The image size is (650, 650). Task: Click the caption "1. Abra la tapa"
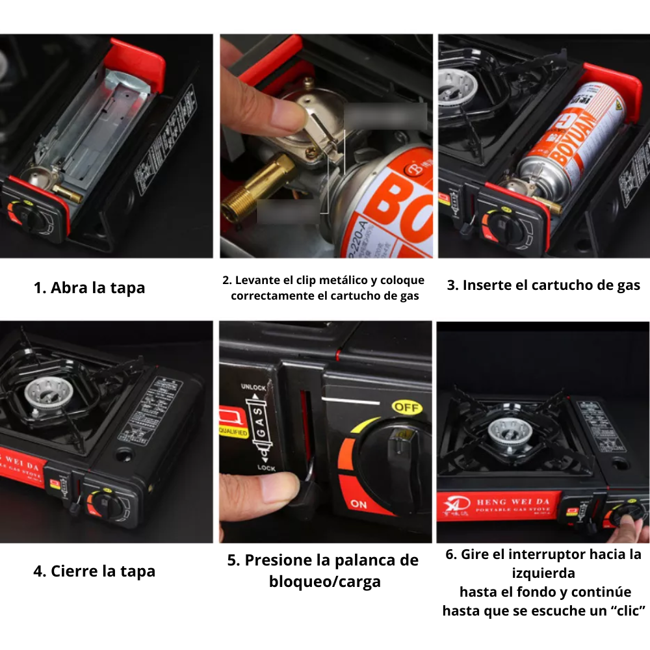pyautogui.click(x=89, y=288)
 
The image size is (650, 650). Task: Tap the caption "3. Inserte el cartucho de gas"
pyautogui.click(x=543, y=285)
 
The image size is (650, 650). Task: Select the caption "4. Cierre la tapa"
pyautogui.click(x=94, y=571)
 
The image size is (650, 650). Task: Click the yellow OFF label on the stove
pyautogui.click(x=406, y=408)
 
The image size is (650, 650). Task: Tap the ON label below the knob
pyautogui.click(x=358, y=504)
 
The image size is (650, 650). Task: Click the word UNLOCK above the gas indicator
pyautogui.click(x=253, y=387)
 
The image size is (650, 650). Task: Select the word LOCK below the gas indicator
pyautogui.click(x=266, y=468)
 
